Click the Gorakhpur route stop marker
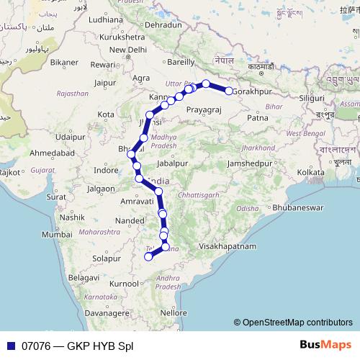pyautogui.click(x=229, y=91)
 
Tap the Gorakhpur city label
pyautogui.click(x=256, y=92)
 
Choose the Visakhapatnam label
pyautogui.click(x=228, y=246)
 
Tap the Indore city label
pyautogui.click(x=106, y=171)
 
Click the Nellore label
pyautogui.click(x=174, y=313)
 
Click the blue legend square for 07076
pyautogui.click(x=9, y=345)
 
